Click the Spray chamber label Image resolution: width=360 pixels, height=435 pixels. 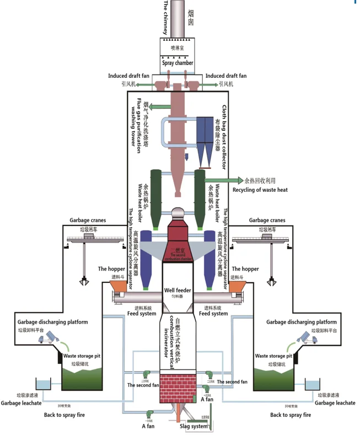coord(178,63)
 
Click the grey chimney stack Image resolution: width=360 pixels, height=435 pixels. coord(178,19)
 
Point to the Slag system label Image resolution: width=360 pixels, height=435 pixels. coord(194,427)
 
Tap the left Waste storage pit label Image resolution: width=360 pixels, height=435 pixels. coord(80,356)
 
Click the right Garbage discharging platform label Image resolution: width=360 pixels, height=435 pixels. coord(301,322)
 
